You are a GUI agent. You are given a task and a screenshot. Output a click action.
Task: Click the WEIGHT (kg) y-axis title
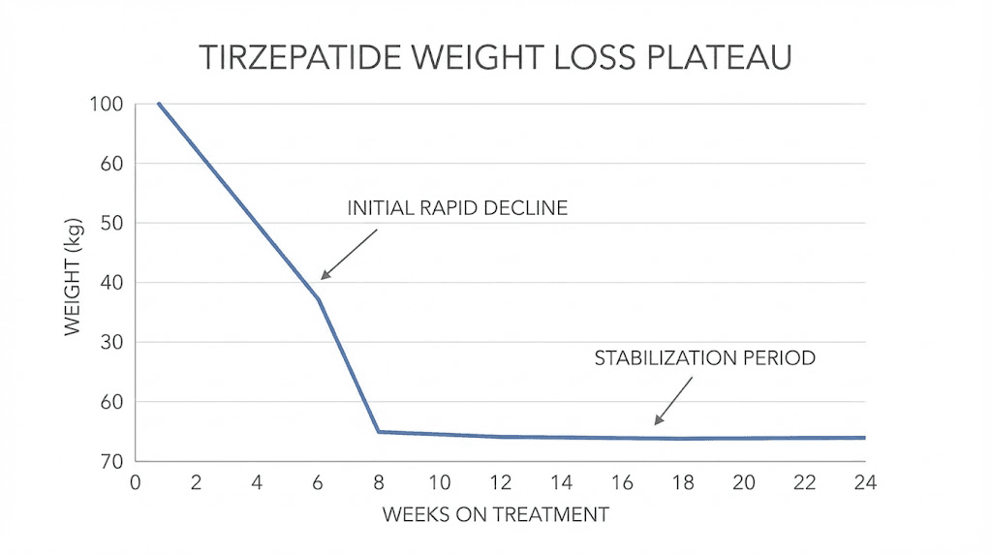(x=73, y=282)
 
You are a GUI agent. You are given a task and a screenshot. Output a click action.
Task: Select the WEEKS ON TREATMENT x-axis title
(x=496, y=514)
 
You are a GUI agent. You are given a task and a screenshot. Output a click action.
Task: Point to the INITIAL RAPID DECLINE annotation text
(x=457, y=208)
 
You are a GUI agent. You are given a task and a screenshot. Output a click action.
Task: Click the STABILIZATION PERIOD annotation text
(x=704, y=357)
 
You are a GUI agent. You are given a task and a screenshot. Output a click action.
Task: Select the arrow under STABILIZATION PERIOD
(x=674, y=400)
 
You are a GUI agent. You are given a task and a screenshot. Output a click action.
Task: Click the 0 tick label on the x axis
(x=135, y=482)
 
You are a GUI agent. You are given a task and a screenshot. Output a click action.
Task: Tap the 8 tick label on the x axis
(x=378, y=482)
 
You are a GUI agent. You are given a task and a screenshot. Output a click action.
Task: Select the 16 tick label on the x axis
(x=621, y=482)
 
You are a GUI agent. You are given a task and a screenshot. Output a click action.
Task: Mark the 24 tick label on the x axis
(x=864, y=482)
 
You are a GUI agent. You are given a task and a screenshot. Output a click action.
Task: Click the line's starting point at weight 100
(x=159, y=104)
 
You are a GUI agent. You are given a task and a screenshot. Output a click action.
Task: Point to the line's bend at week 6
(x=318, y=298)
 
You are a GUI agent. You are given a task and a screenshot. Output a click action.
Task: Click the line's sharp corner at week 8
(x=378, y=431)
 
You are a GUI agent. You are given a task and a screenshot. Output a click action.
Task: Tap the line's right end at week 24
(x=864, y=438)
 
